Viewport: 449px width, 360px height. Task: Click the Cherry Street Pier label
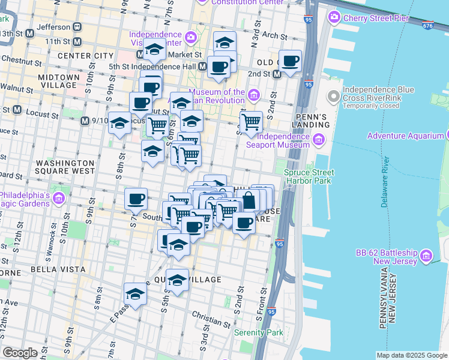pyautogui.click(x=376, y=18)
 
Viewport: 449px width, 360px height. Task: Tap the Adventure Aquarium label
pyautogui.click(x=405, y=136)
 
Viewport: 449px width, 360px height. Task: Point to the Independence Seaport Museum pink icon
pyautogui.click(x=318, y=140)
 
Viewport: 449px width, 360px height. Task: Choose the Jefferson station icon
pyautogui.click(x=77, y=27)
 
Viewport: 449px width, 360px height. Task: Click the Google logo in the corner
pyautogui.click(x=20, y=353)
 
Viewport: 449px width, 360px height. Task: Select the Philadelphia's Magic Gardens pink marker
pyautogui.click(x=59, y=198)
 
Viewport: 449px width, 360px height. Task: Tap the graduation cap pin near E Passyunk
pyautogui.click(x=136, y=294)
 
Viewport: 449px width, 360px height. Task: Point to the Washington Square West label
pyautogui.click(x=65, y=167)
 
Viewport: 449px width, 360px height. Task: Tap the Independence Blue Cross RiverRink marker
pyautogui.click(x=332, y=97)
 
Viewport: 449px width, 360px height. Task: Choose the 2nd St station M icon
pyautogui.click(x=277, y=74)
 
